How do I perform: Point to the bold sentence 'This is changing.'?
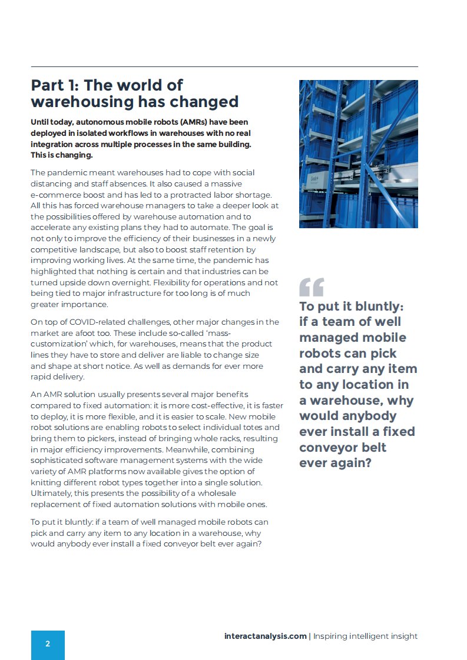click(x=62, y=155)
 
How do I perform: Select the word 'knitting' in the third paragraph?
click(x=47, y=482)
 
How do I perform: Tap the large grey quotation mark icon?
click(x=312, y=287)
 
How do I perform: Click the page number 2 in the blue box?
click(x=48, y=644)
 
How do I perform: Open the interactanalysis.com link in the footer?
click(x=265, y=636)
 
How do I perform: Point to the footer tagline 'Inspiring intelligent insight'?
click(x=365, y=636)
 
